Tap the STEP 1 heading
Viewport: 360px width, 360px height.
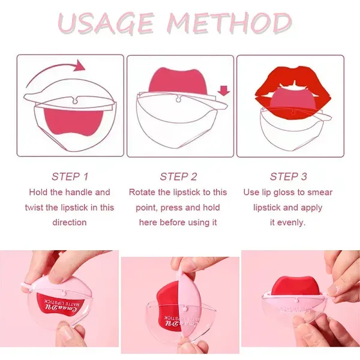click(x=70, y=176)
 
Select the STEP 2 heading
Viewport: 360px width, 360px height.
click(x=178, y=176)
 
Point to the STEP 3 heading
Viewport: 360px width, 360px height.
click(x=288, y=176)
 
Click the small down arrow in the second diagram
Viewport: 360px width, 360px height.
click(x=224, y=91)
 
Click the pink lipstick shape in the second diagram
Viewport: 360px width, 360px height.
click(x=178, y=82)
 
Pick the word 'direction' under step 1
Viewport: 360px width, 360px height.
click(x=70, y=222)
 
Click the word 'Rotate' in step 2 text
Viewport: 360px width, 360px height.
click(x=142, y=192)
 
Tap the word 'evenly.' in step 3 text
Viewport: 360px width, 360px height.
click(x=292, y=222)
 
